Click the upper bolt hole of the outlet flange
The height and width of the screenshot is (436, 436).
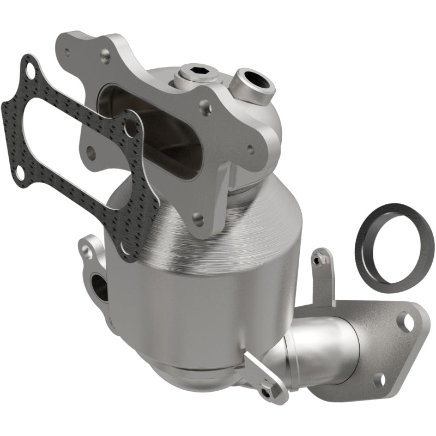coord(406,321)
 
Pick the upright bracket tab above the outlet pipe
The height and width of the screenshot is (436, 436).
coord(322,275)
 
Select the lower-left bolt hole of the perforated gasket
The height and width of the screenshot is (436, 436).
coord(20,173)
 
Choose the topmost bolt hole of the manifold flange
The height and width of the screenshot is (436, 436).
coord(105,54)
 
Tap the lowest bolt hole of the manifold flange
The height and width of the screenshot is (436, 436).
coord(198,219)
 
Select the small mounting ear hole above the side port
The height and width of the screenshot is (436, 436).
coord(86,251)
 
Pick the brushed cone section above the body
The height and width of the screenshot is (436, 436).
coord(180,229)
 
